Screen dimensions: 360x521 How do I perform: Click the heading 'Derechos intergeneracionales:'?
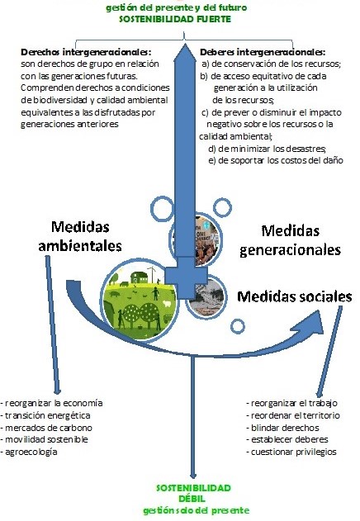(86, 52)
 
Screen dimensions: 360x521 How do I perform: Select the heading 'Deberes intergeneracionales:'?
(263, 52)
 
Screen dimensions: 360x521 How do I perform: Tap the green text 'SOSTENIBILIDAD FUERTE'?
(175, 19)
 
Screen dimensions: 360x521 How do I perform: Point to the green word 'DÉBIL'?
(192, 499)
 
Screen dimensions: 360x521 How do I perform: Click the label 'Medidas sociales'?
(295, 296)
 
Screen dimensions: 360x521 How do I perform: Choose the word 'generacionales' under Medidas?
(290, 250)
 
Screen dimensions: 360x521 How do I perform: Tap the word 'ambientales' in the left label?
(80, 246)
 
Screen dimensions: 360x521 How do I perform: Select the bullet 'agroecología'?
(29, 452)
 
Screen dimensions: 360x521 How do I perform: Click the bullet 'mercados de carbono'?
(47, 428)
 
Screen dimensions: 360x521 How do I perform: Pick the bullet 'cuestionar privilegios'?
(291, 452)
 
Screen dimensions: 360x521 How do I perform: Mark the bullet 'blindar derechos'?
(283, 428)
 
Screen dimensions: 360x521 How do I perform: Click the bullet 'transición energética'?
(46, 415)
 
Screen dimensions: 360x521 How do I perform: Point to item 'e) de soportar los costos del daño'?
(276, 160)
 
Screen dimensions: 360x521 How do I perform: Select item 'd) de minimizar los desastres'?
(267, 149)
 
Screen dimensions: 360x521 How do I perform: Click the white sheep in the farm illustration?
(166, 303)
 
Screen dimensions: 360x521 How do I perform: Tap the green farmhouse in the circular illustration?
(139, 277)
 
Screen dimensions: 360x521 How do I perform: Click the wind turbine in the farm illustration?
(152, 274)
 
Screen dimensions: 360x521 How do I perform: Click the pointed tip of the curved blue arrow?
(323, 334)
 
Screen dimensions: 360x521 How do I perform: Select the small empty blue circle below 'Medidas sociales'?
(237, 326)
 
